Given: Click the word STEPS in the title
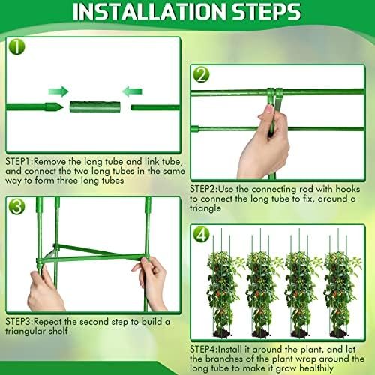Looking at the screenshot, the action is click(x=266, y=12).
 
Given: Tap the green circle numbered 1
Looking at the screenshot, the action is click(x=16, y=46).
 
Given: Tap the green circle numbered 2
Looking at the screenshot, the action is click(x=201, y=74).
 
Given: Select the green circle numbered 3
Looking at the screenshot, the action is click(x=16, y=206).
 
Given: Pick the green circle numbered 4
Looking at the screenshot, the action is click(x=201, y=234).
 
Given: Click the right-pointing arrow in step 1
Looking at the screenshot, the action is click(x=58, y=91).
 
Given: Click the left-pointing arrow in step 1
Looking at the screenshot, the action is click(x=132, y=91).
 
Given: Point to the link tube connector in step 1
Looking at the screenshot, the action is click(x=95, y=107).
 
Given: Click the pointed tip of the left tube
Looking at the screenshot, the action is click(x=61, y=107).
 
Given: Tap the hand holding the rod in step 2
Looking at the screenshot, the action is click(x=265, y=142).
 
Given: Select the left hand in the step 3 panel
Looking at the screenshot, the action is click(x=44, y=290).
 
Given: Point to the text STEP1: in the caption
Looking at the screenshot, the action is click(x=19, y=161).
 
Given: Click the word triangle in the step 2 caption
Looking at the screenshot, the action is click(x=205, y=208).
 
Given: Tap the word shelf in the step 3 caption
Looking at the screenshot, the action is click(x=58, y=331).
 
